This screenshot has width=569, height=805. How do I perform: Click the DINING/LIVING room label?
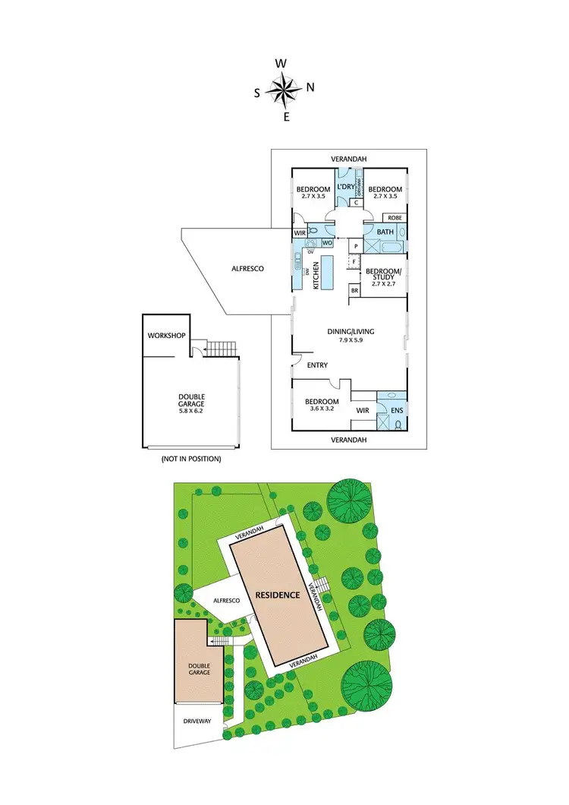(350, 331)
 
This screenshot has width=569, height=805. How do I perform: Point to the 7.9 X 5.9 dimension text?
(350, 340)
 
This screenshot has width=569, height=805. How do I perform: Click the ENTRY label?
(317, 365)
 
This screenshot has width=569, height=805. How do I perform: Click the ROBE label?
(396, 218)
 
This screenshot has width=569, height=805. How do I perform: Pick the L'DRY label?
(345, 187)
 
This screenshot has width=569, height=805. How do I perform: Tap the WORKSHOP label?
(166, 335)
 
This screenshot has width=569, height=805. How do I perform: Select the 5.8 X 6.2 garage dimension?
(191, 410)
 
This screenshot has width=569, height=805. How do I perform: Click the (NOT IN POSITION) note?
(190, 459)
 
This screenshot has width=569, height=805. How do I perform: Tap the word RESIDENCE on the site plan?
(278, 595)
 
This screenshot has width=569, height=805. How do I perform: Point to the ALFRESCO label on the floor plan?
(247, 268)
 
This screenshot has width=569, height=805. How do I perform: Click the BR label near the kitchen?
(354, 290)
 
